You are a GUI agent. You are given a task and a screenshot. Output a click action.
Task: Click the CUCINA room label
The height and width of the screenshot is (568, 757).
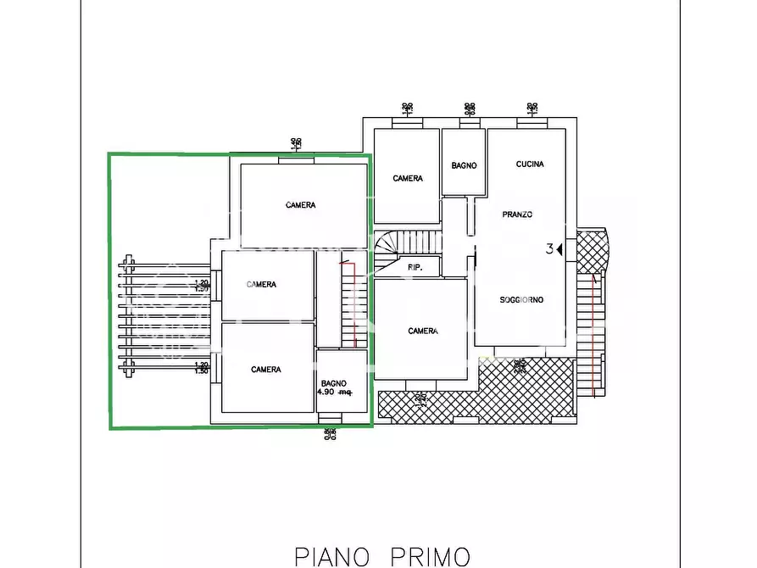pos(530,164)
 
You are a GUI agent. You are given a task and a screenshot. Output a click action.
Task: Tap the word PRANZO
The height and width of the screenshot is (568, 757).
pos(516,214)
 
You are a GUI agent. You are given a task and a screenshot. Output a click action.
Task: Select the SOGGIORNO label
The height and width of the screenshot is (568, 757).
pos(521,300)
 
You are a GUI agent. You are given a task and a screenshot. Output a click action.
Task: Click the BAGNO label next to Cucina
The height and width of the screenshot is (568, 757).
pos(464,166)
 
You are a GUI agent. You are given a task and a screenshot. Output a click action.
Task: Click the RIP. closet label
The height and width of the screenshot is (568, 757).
pos(415,268)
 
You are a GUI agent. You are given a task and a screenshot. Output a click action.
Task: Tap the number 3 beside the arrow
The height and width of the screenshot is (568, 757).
pos(549,248)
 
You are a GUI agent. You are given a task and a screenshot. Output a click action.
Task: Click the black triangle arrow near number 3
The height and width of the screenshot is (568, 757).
pos(559,248)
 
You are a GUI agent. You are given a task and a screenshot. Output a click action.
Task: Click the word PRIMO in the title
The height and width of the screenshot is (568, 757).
pos(431,556)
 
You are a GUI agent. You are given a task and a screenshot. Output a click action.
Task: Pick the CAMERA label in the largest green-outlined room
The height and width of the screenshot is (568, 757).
pos(300,205)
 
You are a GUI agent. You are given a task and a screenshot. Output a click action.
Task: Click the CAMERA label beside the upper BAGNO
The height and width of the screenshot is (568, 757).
pos(408,179)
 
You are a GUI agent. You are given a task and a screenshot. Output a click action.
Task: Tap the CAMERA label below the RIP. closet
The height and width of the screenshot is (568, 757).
pos(422,331)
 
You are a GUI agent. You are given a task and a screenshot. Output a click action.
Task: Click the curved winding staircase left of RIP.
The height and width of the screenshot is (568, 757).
pos(387,249)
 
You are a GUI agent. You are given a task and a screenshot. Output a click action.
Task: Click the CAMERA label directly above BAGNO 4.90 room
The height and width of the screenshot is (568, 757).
pos(261,285)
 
